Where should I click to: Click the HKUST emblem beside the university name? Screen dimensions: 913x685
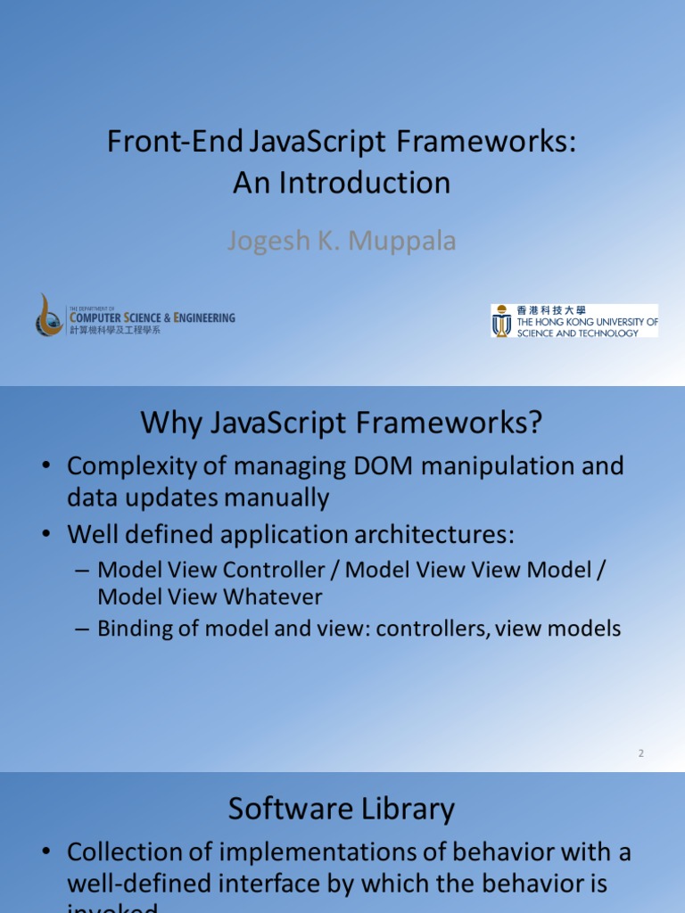(x=502, y=320)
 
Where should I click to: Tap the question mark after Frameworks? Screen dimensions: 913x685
(x=534, y=423)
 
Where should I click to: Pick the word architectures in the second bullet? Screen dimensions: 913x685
(x=421, y=535)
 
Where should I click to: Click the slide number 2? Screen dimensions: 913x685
(x=640, y=753)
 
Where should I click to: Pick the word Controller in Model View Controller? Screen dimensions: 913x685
(x=271, y=570)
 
